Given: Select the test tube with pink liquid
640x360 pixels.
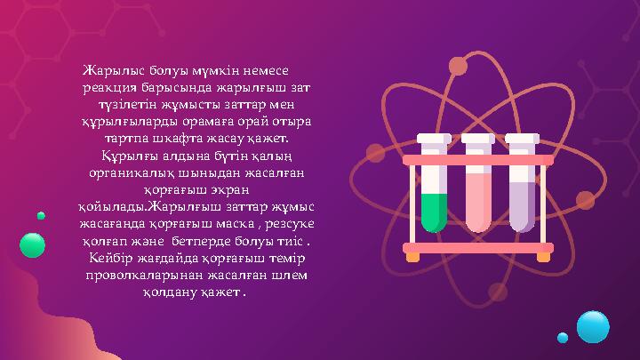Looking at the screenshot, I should pyautogui.click(x=478, y=200).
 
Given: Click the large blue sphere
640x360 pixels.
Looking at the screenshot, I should pyautogui.click(x=593, y=326).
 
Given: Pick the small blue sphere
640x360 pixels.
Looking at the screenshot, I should pyautogui.click(x=563, y=338).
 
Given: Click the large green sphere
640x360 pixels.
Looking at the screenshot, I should pyautogui.click(x=32, y=244).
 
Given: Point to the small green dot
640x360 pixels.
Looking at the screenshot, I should pyautogui.click(x=41, y=215).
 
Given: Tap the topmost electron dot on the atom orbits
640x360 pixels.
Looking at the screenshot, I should pyautogui.click(x=458, y=66).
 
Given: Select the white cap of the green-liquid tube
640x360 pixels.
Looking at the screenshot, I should pyautogui.click(x=434, y=139).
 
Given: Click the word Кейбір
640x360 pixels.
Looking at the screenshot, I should pyautogui.click(x=112, y=258).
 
